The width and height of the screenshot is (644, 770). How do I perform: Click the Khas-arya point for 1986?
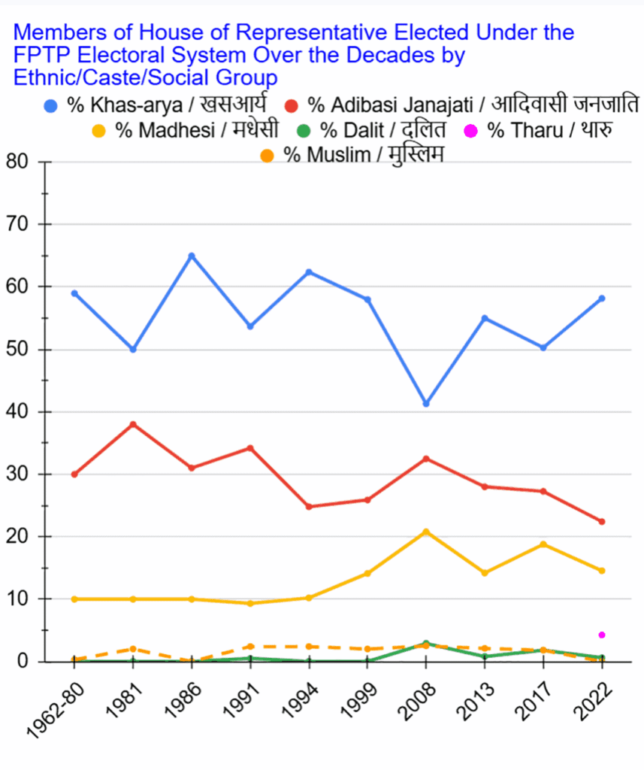click(192, 256)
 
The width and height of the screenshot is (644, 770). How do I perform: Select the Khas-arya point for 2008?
click(426, 404)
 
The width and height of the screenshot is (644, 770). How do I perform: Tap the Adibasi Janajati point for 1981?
click(133, 424)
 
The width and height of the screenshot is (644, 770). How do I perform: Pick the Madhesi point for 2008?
click(426, 532)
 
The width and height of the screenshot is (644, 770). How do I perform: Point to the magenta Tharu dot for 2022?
click(602, 635)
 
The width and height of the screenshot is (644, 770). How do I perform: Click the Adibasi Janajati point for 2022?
click(602, 522)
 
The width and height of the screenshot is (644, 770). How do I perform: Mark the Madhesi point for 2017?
click(543, 544)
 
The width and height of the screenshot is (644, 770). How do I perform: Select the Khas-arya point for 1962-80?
click(74, 293)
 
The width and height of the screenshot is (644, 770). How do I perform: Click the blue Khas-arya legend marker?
click(51, 105)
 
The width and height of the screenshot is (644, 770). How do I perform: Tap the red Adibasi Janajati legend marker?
click(292, 105)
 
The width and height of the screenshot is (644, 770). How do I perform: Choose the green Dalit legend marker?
click(304, 131)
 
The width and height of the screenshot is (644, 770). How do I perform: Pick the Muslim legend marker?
click(267, 156)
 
